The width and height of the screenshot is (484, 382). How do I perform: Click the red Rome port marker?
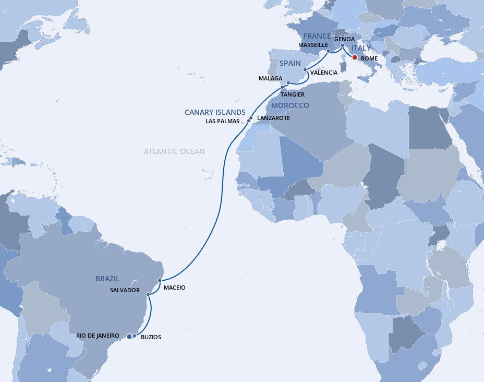click(x=355, y=57)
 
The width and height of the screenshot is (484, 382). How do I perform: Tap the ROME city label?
click(x=369, y=59)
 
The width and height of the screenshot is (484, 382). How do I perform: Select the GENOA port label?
click(x=344, y=39)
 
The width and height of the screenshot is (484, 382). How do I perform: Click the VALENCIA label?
click(x=323, y=73)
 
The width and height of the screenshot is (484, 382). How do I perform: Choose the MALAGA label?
click(x=270, y=78)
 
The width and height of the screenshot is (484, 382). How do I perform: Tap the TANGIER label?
click(x=292, y=94)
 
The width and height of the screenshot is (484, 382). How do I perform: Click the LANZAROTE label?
click(x=273, y=118)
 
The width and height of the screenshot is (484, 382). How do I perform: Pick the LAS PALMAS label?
click(x=223, y=121)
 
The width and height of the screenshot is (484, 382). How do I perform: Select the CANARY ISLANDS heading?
click(x=215, y=112)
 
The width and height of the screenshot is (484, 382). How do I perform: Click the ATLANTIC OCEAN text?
click(x=174, y=151)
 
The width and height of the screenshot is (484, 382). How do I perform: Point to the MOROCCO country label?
click(x=289, y=105)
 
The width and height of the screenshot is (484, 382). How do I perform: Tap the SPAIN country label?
click(x=291, y=63)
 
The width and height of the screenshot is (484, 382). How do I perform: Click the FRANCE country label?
click(x=317, y=36)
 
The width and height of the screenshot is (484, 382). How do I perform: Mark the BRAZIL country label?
click(x=107, y=279)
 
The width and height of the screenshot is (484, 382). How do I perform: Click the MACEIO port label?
click(x=174, y=288)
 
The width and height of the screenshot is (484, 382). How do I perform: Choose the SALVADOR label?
click(x=125, y=290)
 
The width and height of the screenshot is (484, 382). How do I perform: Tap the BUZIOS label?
click(x=151, y=337)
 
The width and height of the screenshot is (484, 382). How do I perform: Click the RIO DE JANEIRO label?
click(x=98, y=336)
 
